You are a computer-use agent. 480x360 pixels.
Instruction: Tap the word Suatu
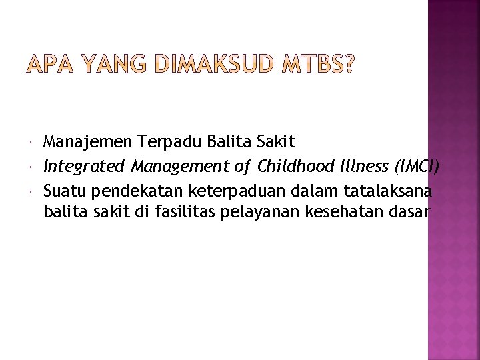65,191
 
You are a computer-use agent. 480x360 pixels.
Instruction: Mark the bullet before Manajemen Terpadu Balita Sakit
33,142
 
